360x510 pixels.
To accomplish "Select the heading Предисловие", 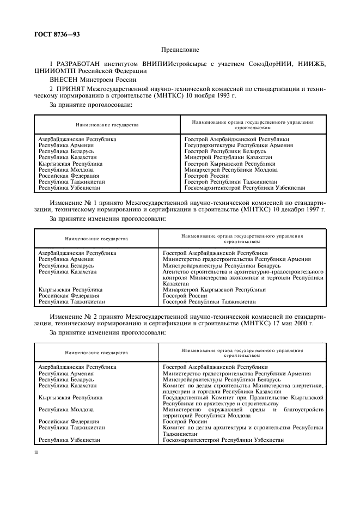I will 179,49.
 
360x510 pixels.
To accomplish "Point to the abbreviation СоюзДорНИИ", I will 261,64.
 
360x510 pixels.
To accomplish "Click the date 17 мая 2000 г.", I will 290,323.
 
